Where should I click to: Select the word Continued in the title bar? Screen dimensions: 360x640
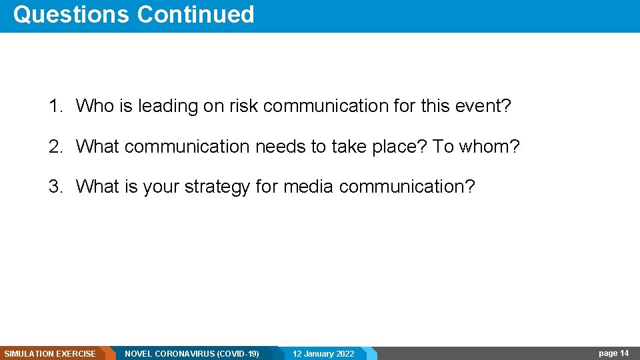[195, 15]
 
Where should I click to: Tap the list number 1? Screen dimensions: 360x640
[55, 106]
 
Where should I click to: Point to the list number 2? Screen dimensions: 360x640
[55, 147]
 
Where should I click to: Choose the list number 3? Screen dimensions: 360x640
[55, 187]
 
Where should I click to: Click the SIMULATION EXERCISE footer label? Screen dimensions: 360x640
[50, 353]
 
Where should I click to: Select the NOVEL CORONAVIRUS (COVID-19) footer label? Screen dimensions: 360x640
[192, 353]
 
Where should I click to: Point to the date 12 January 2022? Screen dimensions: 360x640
[323, 353]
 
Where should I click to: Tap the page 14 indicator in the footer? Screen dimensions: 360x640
[613, 353]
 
